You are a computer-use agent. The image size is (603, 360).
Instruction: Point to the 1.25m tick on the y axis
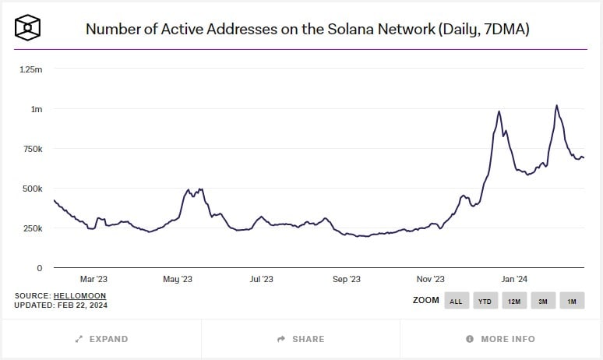point(30,69)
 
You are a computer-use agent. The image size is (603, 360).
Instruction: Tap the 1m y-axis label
point(37,109)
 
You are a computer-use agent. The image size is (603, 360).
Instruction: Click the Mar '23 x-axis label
point(93,279)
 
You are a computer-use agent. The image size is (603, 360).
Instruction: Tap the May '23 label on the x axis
point(177,279)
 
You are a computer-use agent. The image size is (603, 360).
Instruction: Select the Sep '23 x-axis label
point(346,279)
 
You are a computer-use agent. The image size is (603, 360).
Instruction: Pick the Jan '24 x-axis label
point(514,279)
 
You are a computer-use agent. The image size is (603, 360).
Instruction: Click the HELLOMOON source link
point(79,296)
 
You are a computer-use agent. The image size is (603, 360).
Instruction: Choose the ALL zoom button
point(457,301)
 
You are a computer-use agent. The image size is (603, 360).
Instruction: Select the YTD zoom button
point(485,301)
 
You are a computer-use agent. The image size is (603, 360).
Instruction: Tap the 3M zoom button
point(542,301)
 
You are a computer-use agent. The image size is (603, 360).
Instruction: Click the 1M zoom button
point(572,301)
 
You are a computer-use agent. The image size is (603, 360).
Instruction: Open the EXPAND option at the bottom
point(101,339)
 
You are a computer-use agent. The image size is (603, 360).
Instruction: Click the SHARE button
point(301,339)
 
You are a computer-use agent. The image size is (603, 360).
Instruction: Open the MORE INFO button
point(500,339)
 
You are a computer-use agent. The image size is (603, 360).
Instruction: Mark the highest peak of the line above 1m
point(556,105)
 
